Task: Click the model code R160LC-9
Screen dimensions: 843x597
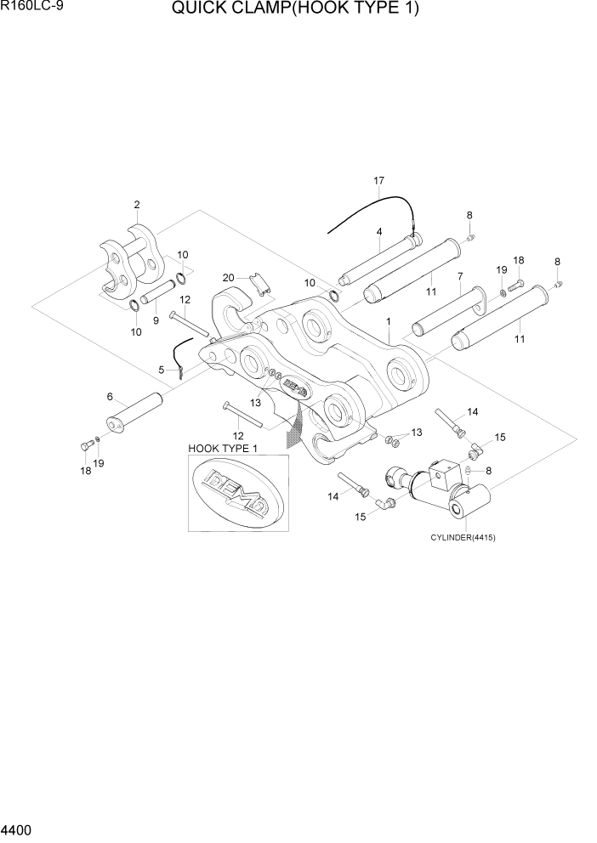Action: (x=31, y=8)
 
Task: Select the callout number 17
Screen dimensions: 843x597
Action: (x=378, y=181)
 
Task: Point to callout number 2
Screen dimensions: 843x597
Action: (x=136, y=204)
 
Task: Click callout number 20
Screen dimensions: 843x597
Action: (x=228, y=277)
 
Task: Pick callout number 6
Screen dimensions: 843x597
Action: (x=110, y=397)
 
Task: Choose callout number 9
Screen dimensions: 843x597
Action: (x=156, y=320)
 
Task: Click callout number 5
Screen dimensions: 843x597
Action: (x=162, y=370)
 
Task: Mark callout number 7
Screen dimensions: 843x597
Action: (x=459, y=276)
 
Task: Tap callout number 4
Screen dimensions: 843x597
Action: (x=378, y=231)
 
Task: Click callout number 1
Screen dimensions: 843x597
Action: (x=388, y=322)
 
